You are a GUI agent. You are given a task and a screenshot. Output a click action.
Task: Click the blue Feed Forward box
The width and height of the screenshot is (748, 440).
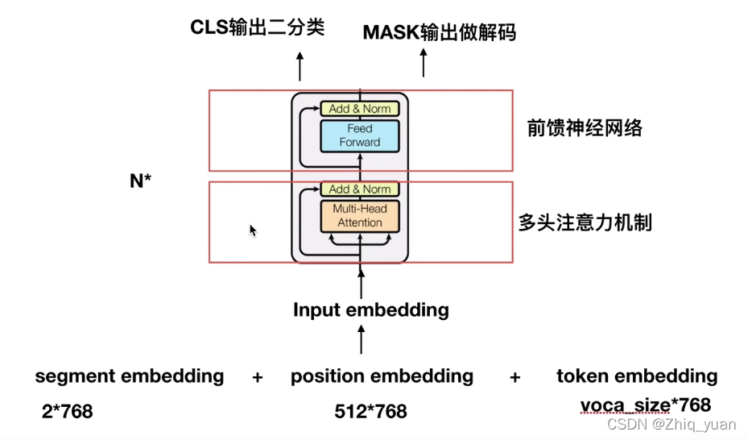[x=359, y=135]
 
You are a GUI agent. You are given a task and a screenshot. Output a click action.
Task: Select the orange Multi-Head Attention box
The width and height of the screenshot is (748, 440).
[x=359, y=216]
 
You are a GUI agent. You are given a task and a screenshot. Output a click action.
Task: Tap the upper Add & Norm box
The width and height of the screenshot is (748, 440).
[x=359, y=109]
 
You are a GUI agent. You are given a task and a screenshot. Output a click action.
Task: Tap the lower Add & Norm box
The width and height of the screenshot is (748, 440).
[x=359, y=189]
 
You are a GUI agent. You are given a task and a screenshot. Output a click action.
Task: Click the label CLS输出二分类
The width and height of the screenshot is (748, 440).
[x=257, y=27]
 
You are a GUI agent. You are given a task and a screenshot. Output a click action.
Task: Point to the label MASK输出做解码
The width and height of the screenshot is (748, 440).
[x=439, y=32]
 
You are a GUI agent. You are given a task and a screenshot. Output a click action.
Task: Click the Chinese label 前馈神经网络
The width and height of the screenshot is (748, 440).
[x=585, y=128]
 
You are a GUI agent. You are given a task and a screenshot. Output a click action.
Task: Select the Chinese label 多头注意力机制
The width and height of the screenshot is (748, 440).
[x=585, y=223]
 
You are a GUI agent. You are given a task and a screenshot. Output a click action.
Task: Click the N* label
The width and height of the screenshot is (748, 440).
[x=141, y=181]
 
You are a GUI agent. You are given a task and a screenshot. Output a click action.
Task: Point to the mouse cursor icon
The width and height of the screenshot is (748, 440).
[x=253, y=230]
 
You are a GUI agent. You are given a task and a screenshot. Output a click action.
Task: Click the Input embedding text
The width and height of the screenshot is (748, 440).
[x=370, y=310]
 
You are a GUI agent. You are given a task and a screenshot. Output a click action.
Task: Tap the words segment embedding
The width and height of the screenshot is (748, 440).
[x=130, y=376]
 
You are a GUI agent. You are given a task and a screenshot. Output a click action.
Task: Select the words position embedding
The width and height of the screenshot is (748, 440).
[x=382, y=376]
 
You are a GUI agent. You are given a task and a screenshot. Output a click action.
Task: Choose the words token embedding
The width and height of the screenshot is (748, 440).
[x=636, y=376]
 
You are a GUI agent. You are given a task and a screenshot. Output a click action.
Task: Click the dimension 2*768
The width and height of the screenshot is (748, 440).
[x=67, y=412]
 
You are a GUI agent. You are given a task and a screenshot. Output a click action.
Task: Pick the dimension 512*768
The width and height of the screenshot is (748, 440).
[x=370, y=412]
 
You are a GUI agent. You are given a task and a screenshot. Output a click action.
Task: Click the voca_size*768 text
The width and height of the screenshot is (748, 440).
[x=645, y=405]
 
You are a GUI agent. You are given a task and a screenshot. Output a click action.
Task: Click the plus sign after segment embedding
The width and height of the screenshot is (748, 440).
[x=258, y=376]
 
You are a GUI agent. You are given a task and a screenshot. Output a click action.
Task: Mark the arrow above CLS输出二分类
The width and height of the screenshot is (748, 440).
[x=300, y=65]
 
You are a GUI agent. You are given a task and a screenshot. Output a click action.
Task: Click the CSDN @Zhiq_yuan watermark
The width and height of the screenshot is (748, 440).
[x=671, y=425]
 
